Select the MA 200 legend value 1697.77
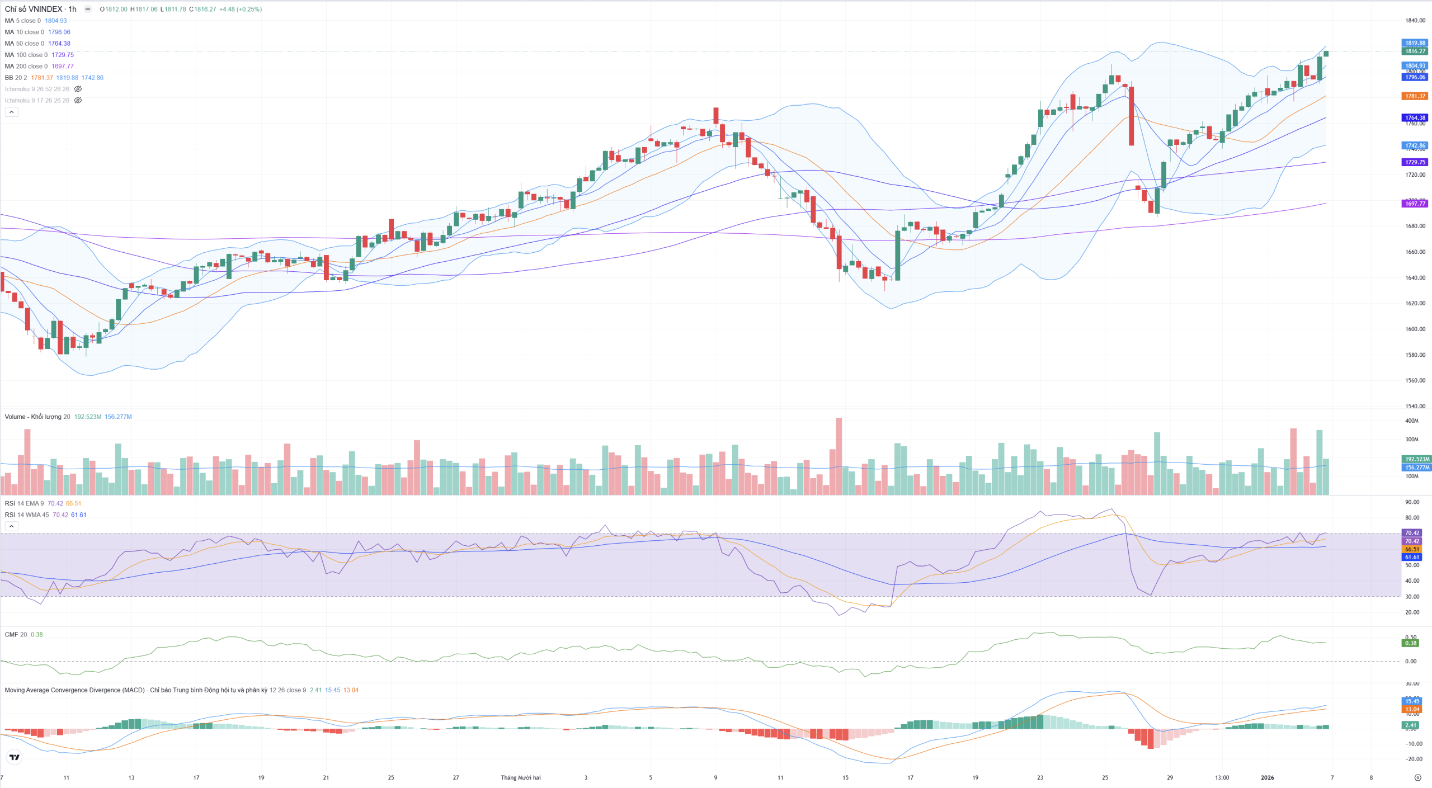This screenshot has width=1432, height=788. coord(63,66)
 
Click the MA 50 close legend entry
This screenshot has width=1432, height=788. coord(24,44)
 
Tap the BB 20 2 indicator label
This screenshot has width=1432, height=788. coord(16,78)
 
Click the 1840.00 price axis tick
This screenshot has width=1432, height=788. coord(1415,21)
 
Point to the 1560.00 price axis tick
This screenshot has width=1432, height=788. coord(1415,380)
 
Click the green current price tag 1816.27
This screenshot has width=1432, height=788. coord(1415,51)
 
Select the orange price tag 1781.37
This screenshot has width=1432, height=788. coord(1415,96)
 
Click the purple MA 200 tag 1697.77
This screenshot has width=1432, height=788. coord(1415,204)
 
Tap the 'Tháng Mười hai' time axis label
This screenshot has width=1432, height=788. coord(520,777)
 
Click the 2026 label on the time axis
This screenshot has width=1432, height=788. coord(1267,777)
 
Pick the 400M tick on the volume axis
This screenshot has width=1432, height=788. coord(1412,421)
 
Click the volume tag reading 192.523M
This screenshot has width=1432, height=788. coord(1417,459)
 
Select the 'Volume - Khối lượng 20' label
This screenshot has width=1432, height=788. coord(37,417)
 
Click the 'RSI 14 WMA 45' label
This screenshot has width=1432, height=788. coord(26,515)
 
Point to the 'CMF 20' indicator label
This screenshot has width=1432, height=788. coord(16,634)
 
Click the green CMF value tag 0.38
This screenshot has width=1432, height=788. coord(1411,643)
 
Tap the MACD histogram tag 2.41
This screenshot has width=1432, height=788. coord(1411,725)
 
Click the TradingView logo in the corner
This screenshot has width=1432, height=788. coord(15,757)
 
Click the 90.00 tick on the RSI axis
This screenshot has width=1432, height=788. coord(1412,502)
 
